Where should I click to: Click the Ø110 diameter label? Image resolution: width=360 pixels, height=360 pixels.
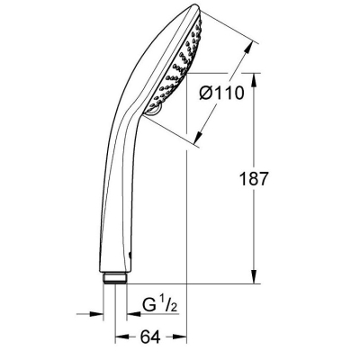point(221,93)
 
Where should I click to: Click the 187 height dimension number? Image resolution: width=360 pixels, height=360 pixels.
point(253,179)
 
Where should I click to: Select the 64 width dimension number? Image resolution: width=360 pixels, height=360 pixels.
point(150,337)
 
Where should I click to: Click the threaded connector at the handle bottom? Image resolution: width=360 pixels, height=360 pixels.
point(115,277)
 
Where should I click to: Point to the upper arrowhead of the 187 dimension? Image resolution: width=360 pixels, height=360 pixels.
point(254,80)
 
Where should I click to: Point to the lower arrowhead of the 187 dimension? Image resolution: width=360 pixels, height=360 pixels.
point(254,276)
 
